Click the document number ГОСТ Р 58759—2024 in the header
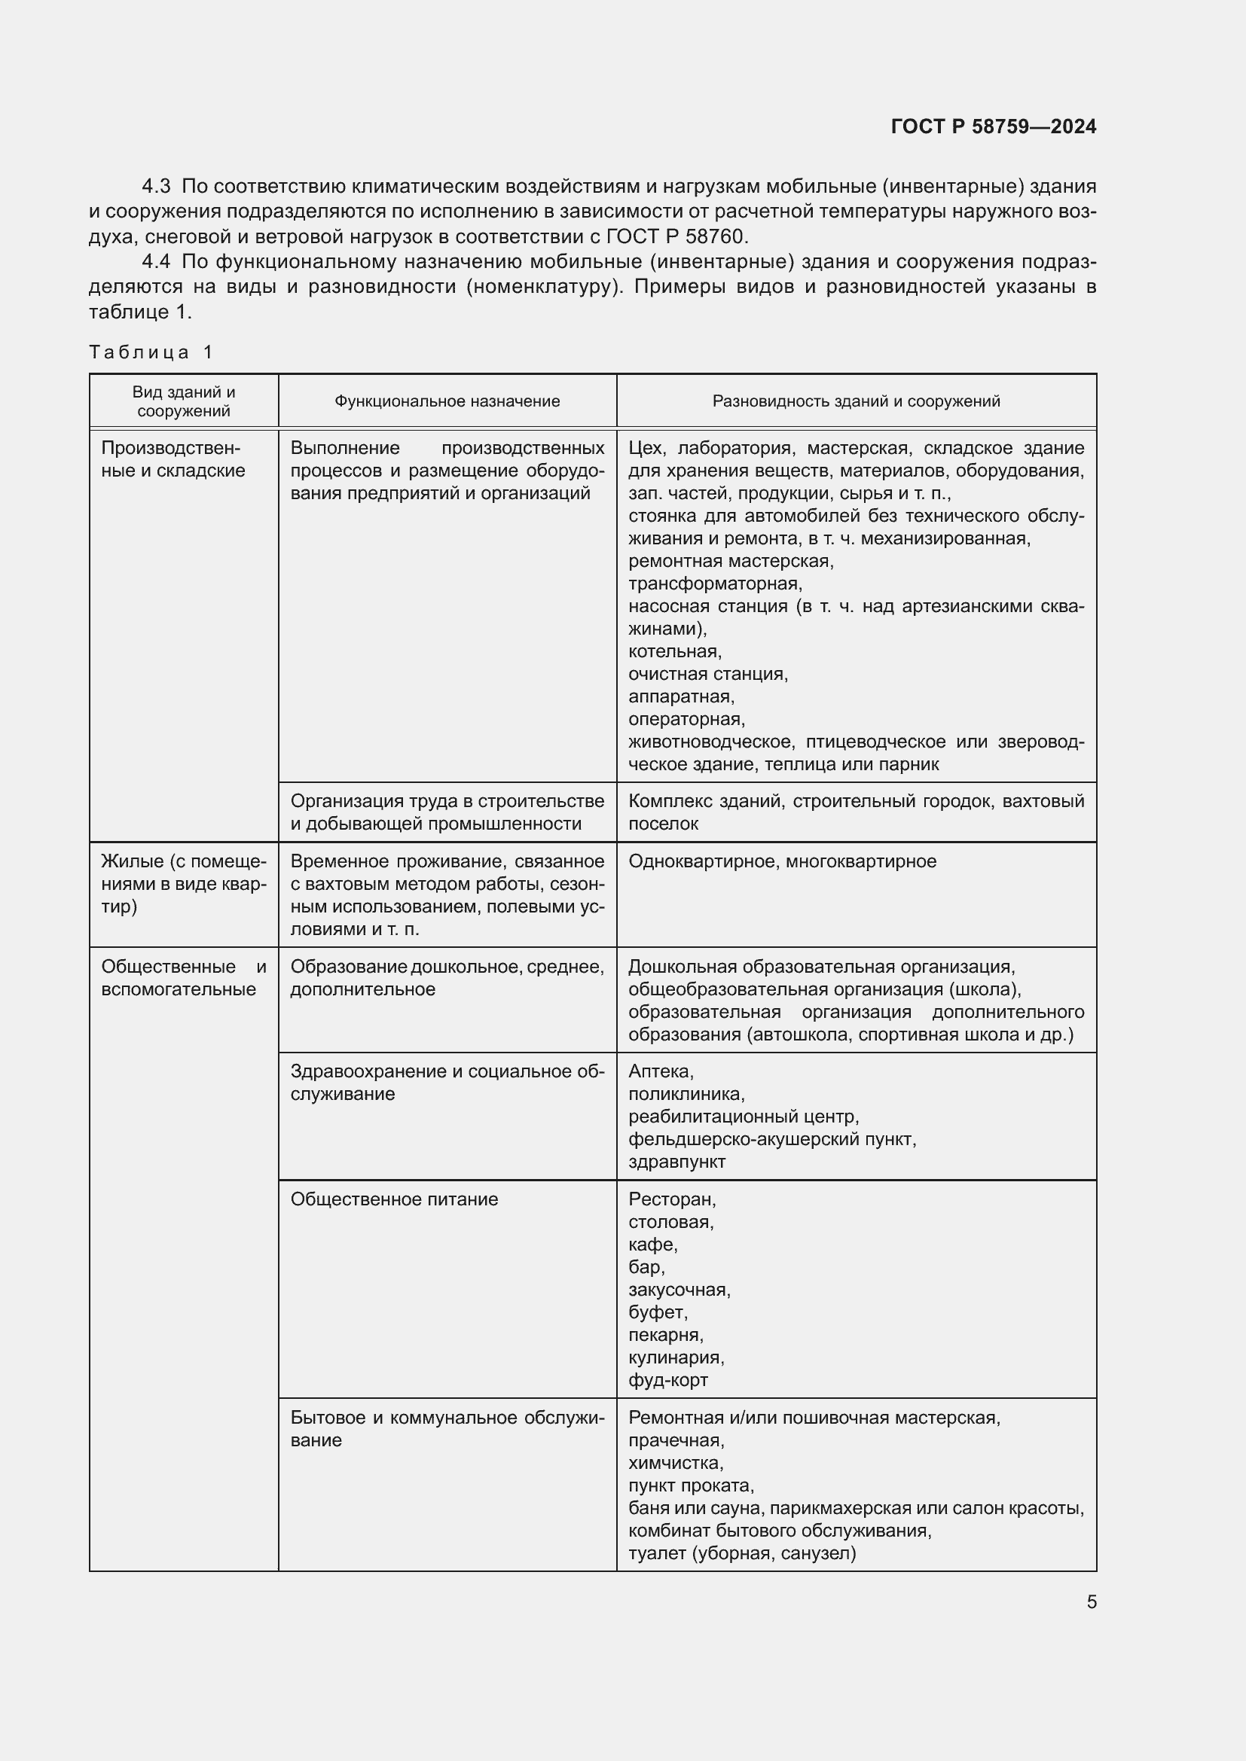pos(993,126)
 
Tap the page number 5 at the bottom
pos(1091,1602)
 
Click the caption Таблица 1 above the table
pos(151,352)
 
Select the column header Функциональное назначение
pos(447,401)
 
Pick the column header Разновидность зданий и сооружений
pos(856,401)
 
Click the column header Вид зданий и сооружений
pos(183,401)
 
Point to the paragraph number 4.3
pos(157,187)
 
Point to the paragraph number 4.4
pos(157,261)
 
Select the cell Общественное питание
pos(393,1199)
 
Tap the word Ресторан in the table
pos(670,1199)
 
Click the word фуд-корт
pos(667,1380)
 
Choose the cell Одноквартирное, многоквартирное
pos(782,861)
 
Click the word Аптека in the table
pos(660,1071)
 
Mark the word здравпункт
pos(676,1162)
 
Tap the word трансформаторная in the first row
pos(714,583)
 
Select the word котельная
pos(674,651)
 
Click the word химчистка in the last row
pos(675,1463)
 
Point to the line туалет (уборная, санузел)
pos(741,1553)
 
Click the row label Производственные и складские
pos(173,459)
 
